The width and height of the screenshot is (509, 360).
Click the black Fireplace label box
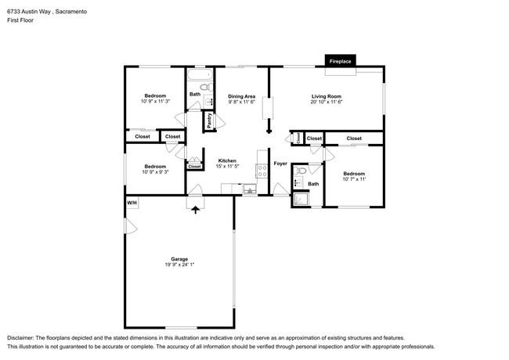point(340,60)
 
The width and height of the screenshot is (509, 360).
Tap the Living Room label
point(327,96)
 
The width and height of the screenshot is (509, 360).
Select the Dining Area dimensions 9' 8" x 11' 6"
point(241,102)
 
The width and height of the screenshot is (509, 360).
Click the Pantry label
point(209,121)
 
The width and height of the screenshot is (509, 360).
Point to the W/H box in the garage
point(132,203)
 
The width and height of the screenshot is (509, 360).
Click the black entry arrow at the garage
point(195,210)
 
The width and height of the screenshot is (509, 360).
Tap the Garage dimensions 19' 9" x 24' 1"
point(179,265)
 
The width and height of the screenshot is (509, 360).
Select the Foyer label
point(280,164)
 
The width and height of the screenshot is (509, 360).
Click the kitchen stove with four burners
point(262,171)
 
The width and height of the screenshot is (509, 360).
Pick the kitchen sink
point(250,189)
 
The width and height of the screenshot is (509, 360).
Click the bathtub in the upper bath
point(200,74)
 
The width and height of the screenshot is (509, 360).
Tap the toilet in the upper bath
point(206,87)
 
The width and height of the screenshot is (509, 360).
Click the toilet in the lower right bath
point(300,171)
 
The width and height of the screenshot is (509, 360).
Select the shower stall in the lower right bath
point(301,199)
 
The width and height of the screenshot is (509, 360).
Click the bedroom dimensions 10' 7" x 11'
point(354,179)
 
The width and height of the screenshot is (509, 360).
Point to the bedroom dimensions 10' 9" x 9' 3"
point(155,172)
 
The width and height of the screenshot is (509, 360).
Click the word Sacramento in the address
point(71,12)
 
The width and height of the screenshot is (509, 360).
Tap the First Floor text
point(20,20)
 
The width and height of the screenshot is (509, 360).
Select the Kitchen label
point(227,160)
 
